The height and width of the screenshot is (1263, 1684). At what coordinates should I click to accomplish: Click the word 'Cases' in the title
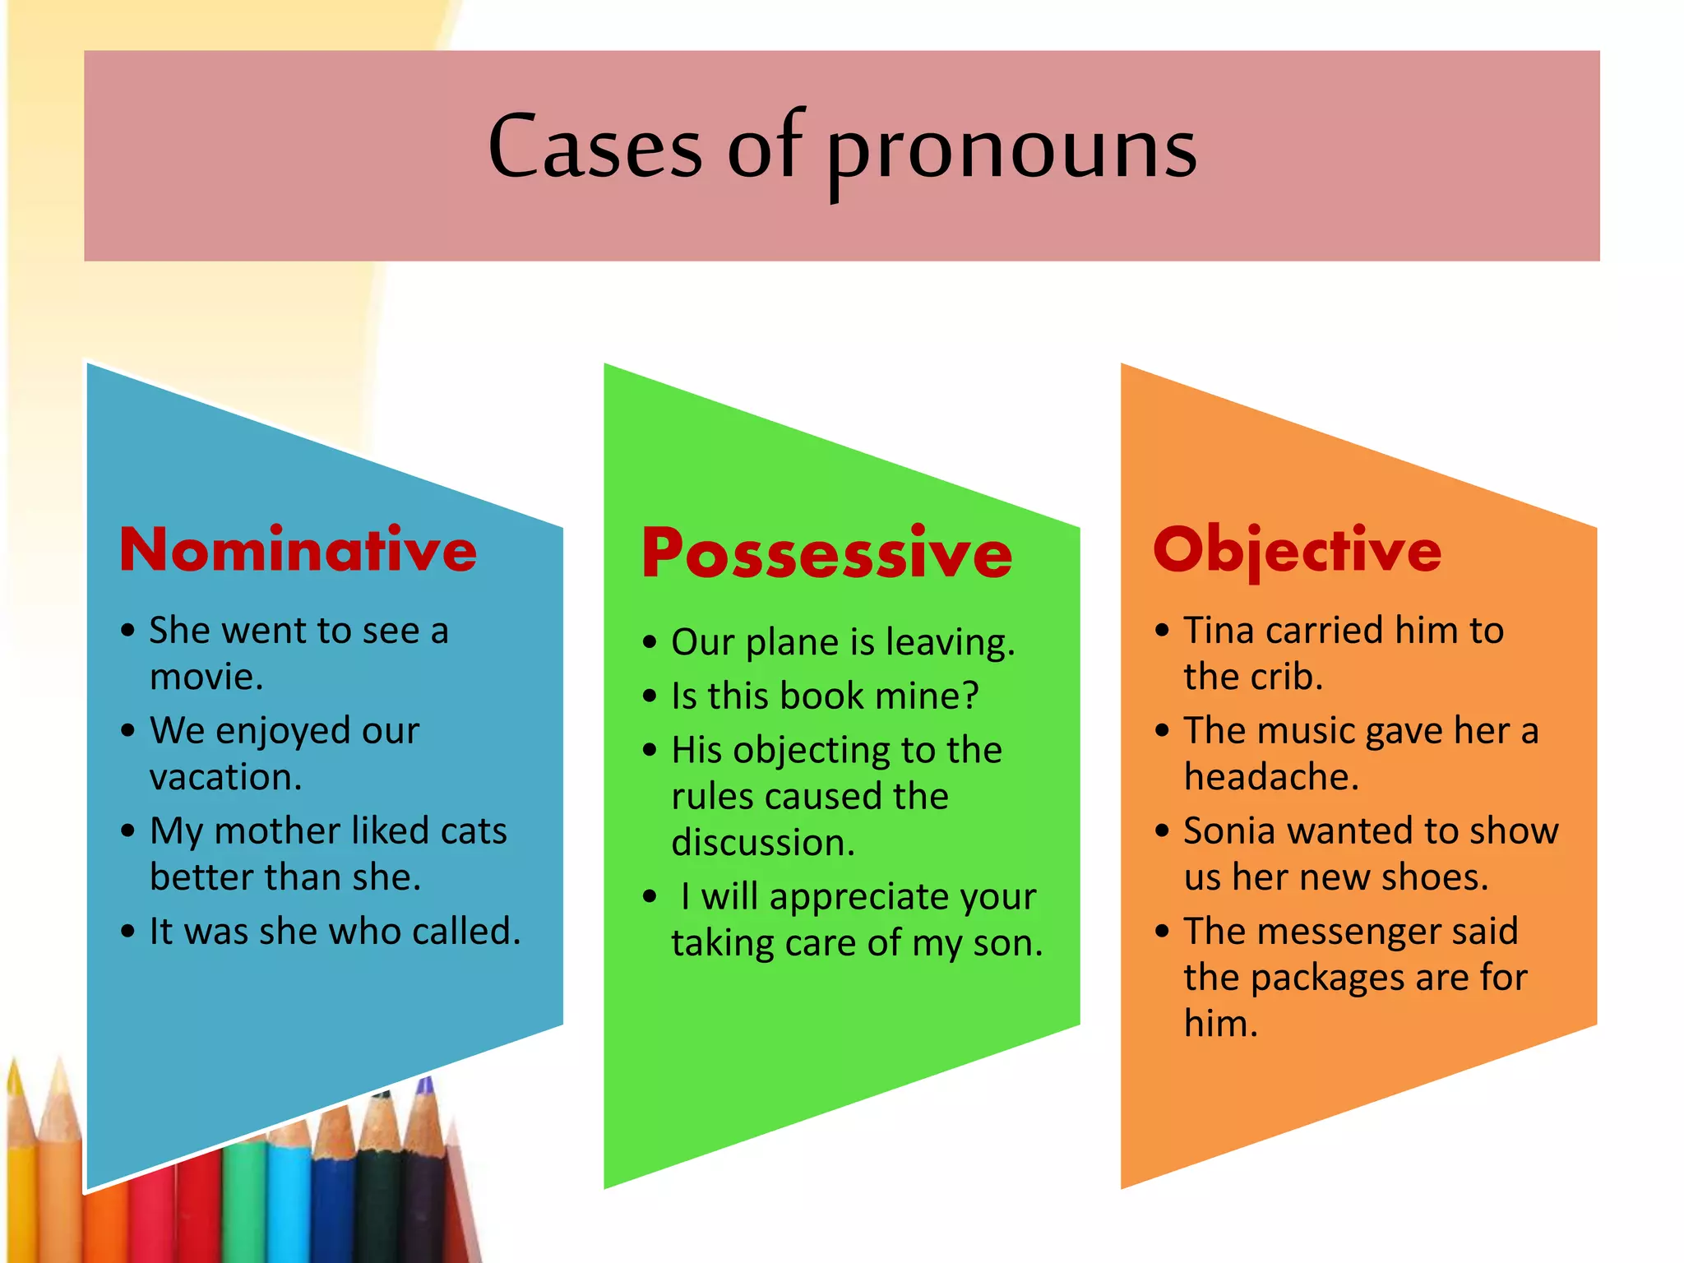(594, 148)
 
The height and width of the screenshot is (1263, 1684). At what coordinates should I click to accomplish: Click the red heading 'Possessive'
(826, 553)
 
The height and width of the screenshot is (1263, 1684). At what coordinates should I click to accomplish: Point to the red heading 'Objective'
(1297, 551)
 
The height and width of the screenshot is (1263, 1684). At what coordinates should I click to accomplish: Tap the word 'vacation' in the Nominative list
(225, 778)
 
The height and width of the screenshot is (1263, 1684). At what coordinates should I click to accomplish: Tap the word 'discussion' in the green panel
(762, 844)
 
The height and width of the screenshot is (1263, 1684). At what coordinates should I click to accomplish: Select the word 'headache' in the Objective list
(1270, 778)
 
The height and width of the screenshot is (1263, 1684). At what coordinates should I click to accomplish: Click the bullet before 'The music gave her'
(1162, 730)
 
